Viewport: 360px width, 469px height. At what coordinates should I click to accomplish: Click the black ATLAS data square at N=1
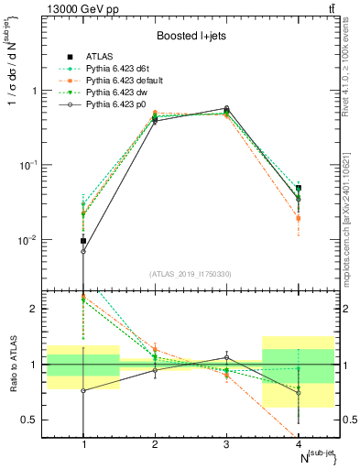pos(83,241)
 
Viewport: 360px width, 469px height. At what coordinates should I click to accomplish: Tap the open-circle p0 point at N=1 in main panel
pos(83,251)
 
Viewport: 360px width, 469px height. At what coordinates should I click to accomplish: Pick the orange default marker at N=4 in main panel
pos(298,218)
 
